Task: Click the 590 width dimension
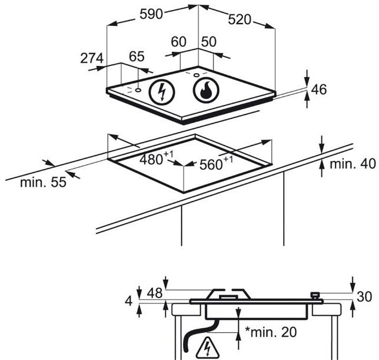(151, 14)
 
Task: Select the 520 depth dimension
(240, 19)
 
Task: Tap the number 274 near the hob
(92, 58)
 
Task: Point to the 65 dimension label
(137, 57)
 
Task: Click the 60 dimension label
(179, 42)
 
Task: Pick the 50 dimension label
(209, 42)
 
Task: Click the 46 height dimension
(319, 90)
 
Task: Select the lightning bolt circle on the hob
(161, 92)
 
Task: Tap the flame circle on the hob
(206, 90)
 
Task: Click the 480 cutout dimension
(156, 158)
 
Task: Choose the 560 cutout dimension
(216, 164)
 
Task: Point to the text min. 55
(43, 182)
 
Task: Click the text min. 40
(353, 164)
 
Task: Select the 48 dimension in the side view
(155, 293)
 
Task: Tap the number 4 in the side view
(129, 302)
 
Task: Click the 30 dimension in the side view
(364, 296)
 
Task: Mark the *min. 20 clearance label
(271, 332)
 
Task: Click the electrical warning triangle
(208, 348)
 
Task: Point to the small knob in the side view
(315, 296)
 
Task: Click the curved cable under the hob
(197, 333)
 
